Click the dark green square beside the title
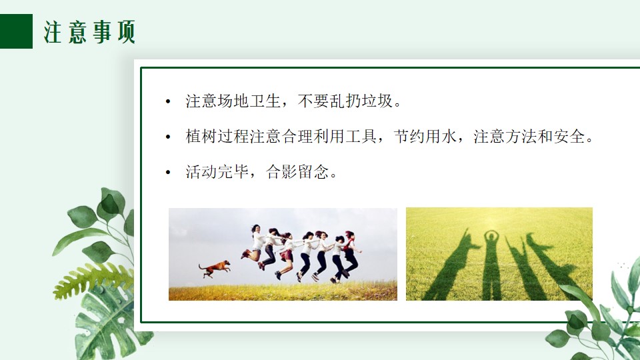16,31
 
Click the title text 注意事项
89,32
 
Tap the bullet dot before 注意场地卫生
168,101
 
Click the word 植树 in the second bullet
201,136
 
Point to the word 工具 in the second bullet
361,136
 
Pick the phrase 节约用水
425,136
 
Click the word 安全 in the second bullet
569,136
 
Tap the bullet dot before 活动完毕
168,172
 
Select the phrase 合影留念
297,172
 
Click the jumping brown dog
215,269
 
